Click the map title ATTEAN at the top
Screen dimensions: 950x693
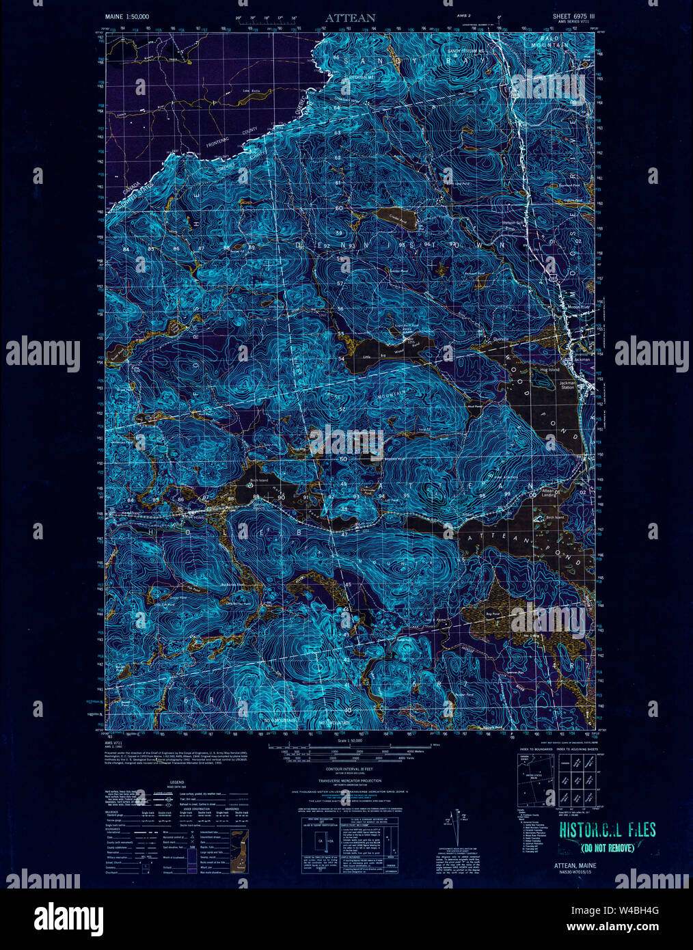click(351, 17)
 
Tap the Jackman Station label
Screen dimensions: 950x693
click(569, 386)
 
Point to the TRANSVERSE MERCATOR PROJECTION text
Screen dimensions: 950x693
click(349, 781)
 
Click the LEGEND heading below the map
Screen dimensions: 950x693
click(177, 782)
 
